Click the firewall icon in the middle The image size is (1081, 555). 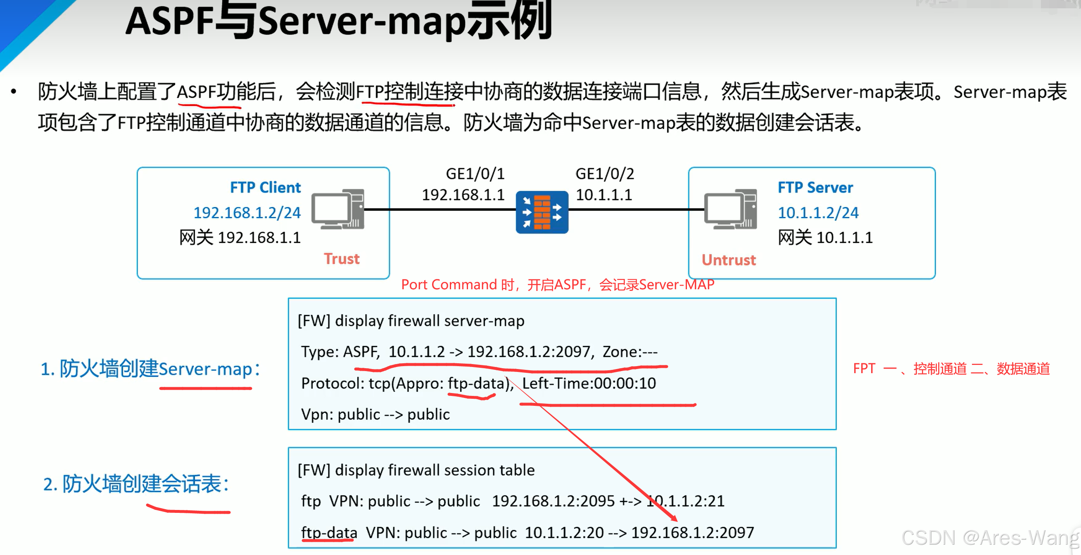point(542,212)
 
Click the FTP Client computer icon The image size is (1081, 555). point(338,209)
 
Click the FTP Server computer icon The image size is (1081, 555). point(731,209)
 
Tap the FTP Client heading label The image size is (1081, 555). point(265,187)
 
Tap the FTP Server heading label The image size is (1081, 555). point(815,187)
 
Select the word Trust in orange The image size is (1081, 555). point(342,259)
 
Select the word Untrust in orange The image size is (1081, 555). point(729,260)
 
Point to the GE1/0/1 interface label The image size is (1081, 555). point(475,174)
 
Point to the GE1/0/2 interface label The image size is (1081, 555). point(604,174)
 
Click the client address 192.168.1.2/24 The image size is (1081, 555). point(247,213)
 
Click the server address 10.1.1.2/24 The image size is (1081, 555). point(818,213)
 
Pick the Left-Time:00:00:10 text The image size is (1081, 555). point(589,383)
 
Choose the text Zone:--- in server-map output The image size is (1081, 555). point(630,352)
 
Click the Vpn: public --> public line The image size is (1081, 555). point(375,414)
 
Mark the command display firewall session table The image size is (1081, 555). point(435,470)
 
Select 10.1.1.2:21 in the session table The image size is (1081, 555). point(686,501)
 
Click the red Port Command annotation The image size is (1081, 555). point(557,285)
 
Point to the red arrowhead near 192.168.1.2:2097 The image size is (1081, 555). point(674,519)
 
